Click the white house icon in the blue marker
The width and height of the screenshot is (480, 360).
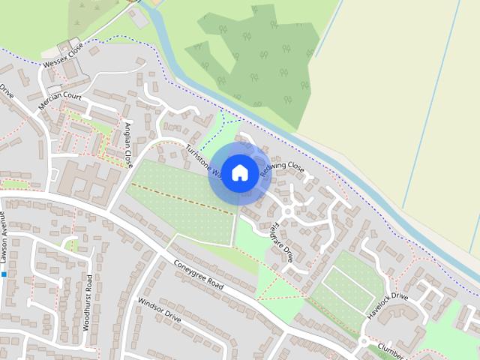(x=239, y=172)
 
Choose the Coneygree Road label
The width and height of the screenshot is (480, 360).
(x=199, y=274)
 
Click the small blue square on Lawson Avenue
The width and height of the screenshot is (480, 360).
(x=4, y=274)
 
